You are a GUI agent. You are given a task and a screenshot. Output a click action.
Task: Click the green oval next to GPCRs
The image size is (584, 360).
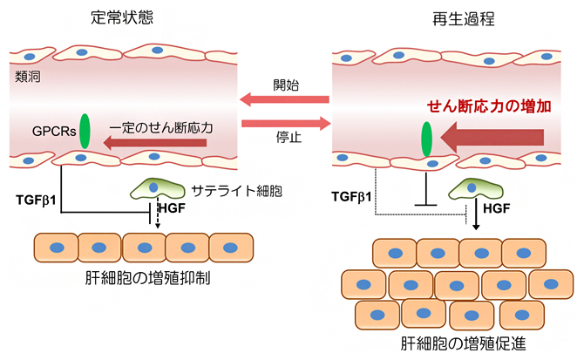coord(85,130)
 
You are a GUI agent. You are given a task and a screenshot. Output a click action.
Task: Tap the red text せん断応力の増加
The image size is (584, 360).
coord(490,106)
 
